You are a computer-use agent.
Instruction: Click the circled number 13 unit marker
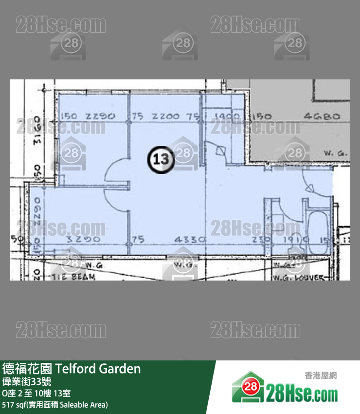click(161, 159)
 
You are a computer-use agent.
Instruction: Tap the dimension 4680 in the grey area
click(320, 117)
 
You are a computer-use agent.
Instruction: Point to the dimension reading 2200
click(166, 117)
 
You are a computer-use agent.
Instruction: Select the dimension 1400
click(227, 117)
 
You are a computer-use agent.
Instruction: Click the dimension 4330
click(190, 240)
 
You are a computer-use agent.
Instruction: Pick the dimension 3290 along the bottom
click(85, 240)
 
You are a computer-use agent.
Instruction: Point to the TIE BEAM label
click(74, 277)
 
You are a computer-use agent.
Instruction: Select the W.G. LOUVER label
click(305, 277)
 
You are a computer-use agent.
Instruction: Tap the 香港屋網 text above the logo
click(321, 376)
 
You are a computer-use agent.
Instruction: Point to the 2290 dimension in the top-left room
click(100, 117)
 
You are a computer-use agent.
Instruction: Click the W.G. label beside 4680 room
click(335, 153)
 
